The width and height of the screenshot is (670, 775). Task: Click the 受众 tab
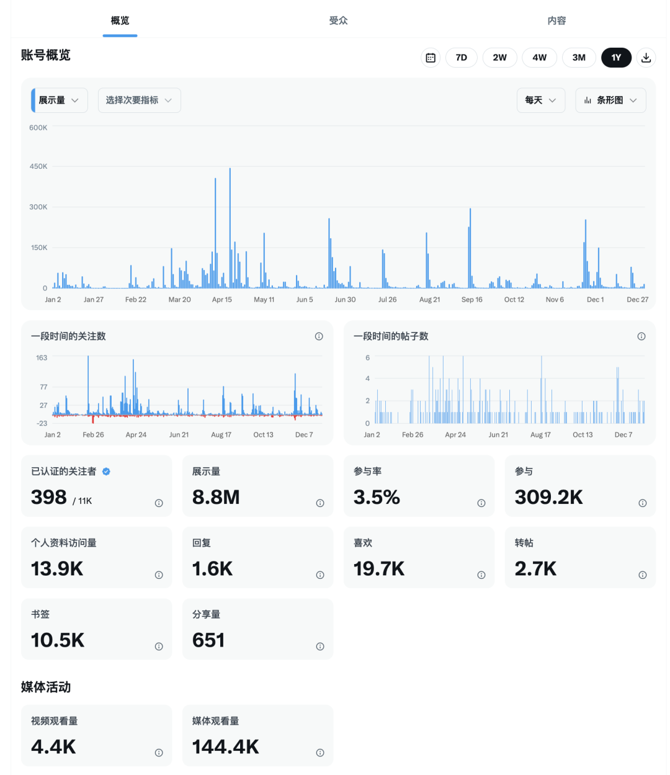[x=338, y=20]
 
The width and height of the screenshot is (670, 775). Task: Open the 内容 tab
[x=556, y=20]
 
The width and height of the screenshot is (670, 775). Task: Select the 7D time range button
[x=461, y=58]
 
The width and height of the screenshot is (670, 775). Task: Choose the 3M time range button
[x=578, y=58]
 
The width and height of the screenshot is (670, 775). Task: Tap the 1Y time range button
[x=616, y=58]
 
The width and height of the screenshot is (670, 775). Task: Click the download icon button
[x=646, y=58]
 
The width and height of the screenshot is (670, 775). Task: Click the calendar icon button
[x=431, y=58]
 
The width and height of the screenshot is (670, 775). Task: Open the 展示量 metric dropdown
[x=60, y=101]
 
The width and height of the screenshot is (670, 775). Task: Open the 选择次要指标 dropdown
[x=139, y=101]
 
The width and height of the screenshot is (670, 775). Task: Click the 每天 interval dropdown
[x=540, y=101]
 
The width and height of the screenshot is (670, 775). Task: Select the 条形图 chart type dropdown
[x=610, y=101]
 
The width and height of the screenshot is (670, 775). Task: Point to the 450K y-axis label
[x=38, y=166]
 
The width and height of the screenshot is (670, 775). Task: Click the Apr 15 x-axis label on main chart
[x=221, y=300]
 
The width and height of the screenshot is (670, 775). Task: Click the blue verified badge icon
[x=106, y=472]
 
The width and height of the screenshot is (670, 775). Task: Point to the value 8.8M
[x=216, y=497]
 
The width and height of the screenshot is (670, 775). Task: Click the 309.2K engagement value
[x=548, y=497]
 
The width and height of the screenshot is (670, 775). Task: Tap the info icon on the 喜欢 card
[x=481, y=575]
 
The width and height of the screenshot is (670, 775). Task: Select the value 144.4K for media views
[x=226, y=746]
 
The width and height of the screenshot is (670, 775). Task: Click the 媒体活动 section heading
[x=46, y=687]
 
